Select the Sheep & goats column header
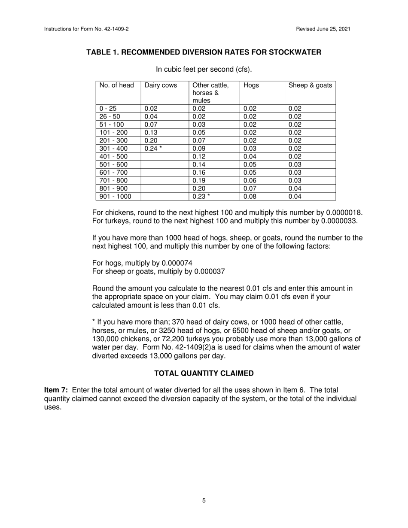tap(310, 85)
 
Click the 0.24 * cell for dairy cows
tap(153, 149)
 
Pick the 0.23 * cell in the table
tap(201, 197)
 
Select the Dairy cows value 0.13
tap(151, 133)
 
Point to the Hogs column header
tap(251, 85)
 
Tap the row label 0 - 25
tap(108, 109)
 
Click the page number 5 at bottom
tap(204, 501)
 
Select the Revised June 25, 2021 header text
tap(323, 29)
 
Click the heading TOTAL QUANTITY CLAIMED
tap(204, 373)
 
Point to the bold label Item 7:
tap(56, 390)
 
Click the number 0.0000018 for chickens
tap(344, 213)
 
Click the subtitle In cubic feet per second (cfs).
tap(204, 69)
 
